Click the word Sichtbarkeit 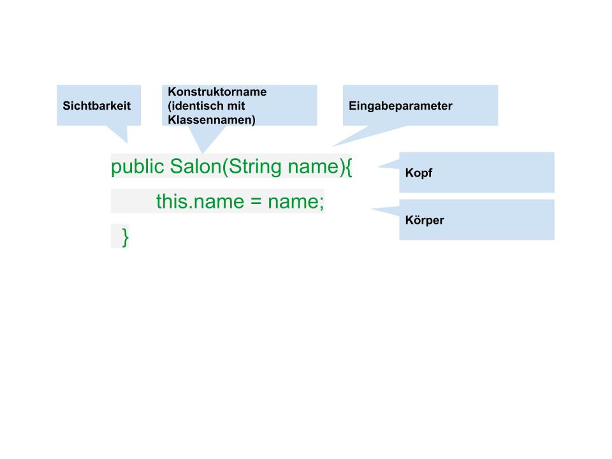tap(97, 106)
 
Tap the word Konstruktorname tap(217, 92)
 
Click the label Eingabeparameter tap(400, 106)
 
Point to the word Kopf tap(419, 173)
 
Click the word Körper tap(425, 220)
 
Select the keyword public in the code tap(138, 167)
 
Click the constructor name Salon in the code tap(196, 166)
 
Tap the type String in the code tap(255, 167)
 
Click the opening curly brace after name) tap(349, 167)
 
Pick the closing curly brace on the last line tap(126, 237)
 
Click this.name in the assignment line tap(200, 201)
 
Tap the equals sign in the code tap(256, 202)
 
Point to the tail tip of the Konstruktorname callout tap(203, 154)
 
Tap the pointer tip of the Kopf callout tap(377, 166)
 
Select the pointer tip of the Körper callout tap(371, 209)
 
